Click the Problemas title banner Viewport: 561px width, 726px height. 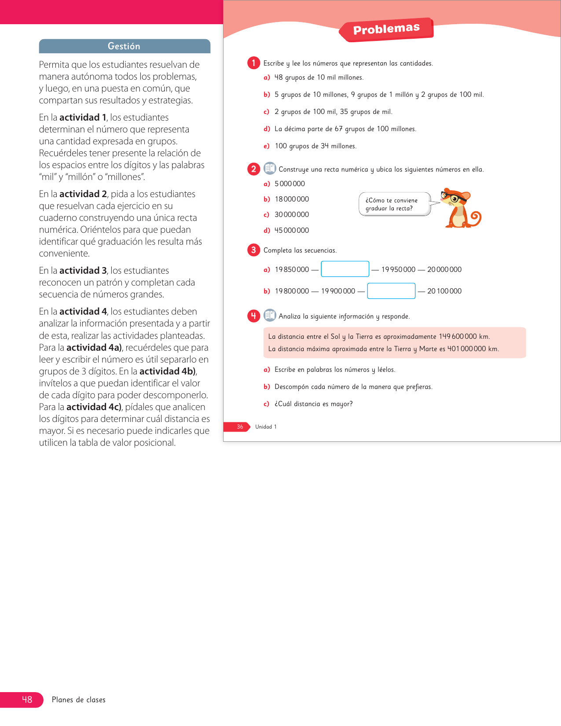tap(386, 29)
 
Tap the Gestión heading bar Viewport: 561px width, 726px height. tap(125, 46)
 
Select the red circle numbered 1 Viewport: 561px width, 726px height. tap(253, 63)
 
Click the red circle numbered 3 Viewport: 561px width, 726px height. tap(253, 250)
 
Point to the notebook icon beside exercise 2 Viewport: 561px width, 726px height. tap(269, 169)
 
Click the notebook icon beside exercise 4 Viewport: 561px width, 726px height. tap(269, 315)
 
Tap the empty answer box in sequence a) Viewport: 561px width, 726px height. tap(345, 269)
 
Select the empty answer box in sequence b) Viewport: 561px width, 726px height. tap(391, 291)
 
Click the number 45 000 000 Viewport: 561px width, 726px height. tap(292, 230)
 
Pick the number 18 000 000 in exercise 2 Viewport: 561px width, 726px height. tap(292, 199)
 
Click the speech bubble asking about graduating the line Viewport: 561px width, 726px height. tap(394, 204)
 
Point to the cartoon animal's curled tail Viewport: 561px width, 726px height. tap(475, 216)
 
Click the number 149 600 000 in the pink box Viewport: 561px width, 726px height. tap(458, 337)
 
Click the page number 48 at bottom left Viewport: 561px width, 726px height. tap(27, 699)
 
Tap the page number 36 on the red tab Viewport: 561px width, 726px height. tap(240, 427)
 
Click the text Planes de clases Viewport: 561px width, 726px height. tap(79, 700)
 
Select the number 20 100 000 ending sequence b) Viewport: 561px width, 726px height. tap(444, 291)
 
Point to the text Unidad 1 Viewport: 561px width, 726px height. tap(266, 427)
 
